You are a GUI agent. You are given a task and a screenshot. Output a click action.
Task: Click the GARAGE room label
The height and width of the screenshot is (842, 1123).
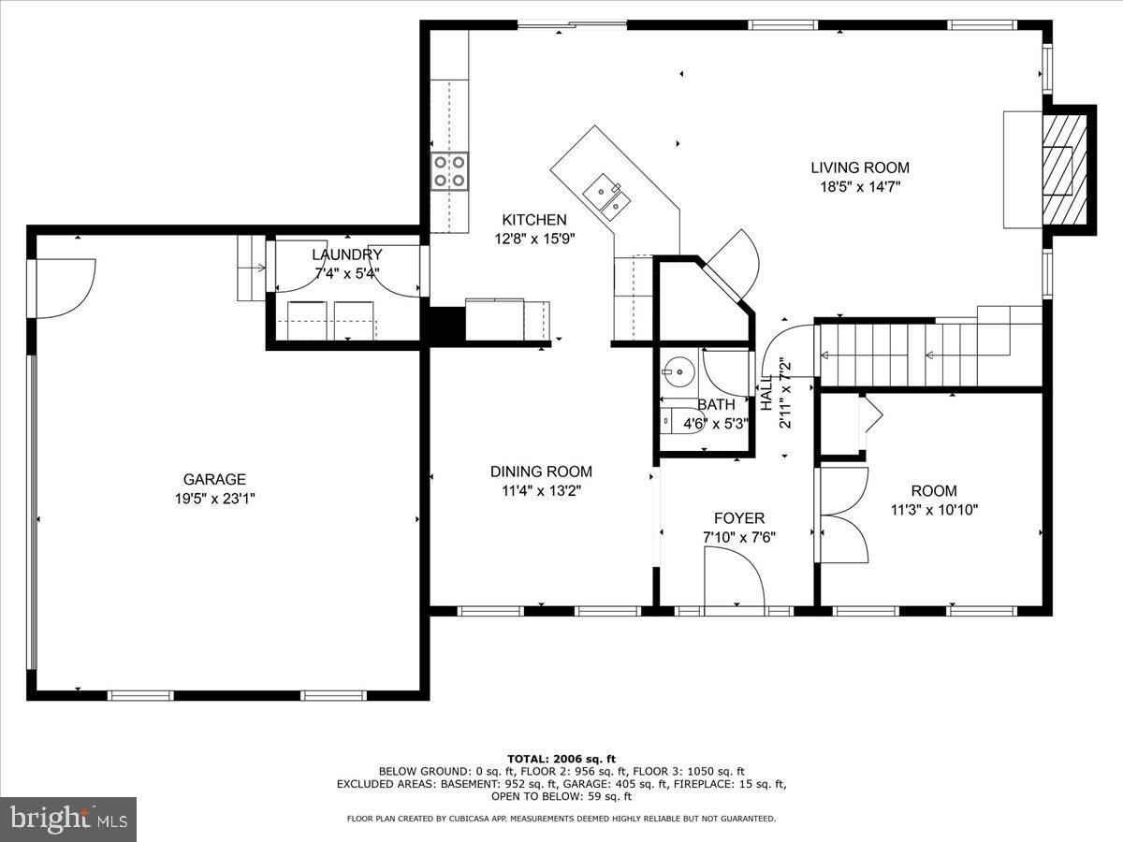coord(214,479)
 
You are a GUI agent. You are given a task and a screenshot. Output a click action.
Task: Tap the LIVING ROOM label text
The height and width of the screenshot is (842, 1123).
coord(859,167)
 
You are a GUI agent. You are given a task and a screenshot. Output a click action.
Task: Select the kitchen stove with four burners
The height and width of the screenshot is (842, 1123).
coord(449,171)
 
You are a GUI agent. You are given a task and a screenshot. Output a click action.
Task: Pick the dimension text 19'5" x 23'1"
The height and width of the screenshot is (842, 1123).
coord(214,499)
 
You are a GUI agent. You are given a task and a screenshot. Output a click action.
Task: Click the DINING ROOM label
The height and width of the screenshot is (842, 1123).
coord(541,472)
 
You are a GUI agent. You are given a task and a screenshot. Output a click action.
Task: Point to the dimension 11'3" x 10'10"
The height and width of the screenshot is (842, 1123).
coord(934,510)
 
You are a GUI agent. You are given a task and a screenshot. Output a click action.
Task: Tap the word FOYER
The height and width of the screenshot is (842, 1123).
coord(739,517)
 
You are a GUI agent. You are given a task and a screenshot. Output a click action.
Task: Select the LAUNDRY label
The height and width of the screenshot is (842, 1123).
coord(346,254)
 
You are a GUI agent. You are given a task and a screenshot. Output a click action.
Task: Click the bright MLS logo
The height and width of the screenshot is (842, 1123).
coord(68,820)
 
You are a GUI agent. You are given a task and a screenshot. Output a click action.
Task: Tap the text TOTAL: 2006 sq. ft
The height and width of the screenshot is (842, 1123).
coord(561,759)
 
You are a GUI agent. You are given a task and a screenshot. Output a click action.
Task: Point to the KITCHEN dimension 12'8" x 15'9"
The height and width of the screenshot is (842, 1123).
coord(533,239)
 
